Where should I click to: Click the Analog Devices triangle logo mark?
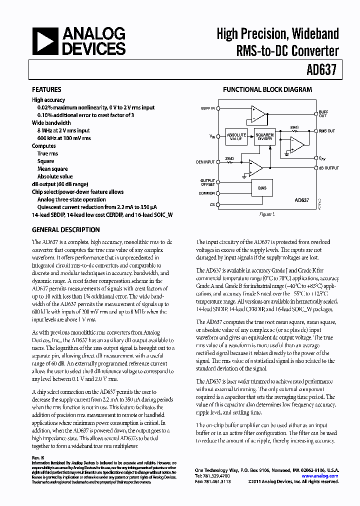[45, 41]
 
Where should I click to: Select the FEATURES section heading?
[46, 90]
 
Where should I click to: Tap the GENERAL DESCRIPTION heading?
[65, 230]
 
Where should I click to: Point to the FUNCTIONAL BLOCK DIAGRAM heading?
[267, 90]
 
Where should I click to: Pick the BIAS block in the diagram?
[262, 188]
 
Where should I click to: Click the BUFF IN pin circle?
[218, 108]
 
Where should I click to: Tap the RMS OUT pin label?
[327, 130]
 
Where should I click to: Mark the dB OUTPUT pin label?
[328, 168]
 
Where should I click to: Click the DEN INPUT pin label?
[205, 162]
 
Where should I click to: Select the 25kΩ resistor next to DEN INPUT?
[230, 162]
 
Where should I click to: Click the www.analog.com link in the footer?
[323, 476]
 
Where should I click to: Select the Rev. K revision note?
[38, 458]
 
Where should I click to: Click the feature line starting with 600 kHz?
[64, 138]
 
